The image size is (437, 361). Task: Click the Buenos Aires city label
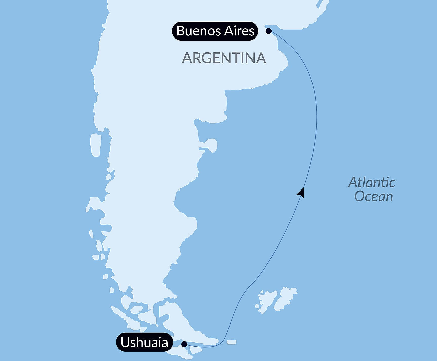pos(215,31)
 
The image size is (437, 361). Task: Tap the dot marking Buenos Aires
pos(268,31)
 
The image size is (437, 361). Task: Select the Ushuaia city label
pos(144,342)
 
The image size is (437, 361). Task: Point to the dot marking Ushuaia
pos(184,344)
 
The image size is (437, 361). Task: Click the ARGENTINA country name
pos(224,58)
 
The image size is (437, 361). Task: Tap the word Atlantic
pos(371,183)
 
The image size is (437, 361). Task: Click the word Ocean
pos(373,196)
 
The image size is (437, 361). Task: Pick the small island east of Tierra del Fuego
pos(231,342)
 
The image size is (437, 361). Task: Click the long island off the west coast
pos(96,145)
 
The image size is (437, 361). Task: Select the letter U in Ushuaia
pos(125,342)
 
